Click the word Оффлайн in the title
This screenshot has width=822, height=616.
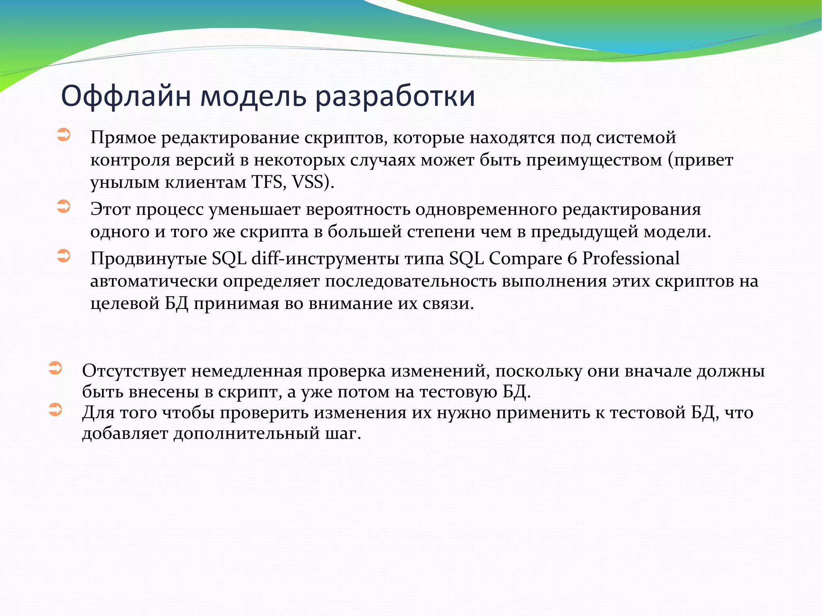pos(126,96)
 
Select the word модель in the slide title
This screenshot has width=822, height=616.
pos(253,96)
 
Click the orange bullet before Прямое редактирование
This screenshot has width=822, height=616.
pos(63,135)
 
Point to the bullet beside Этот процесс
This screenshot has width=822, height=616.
pos(63,207)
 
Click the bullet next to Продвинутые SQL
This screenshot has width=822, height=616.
pos(63,256)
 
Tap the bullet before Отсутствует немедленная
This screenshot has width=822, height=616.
pos(55,368)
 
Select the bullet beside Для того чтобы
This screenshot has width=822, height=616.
pos(55,410)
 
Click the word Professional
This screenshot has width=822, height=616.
pos(631,258)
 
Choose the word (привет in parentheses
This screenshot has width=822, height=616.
pos(700,160)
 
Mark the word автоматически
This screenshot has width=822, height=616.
pos(154,281)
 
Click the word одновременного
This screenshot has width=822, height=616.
pos(486,209)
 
